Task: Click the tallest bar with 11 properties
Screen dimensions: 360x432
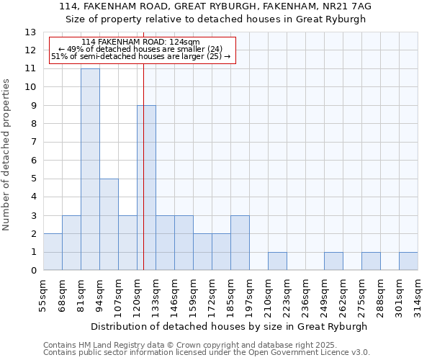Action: coord(90,169)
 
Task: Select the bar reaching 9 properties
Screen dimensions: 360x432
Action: coord(146,187)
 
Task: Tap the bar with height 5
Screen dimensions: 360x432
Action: coord(109,224)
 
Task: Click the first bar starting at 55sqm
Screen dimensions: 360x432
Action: coord(53,252)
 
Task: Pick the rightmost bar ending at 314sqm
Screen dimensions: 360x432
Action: coord(408,261)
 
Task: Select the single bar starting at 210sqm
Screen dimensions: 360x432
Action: coord(277,261)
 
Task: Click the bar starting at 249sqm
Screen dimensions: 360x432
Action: coord(333,261)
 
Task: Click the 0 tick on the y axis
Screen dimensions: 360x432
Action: coord(33,271)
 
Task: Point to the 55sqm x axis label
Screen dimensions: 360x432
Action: coord(43,295)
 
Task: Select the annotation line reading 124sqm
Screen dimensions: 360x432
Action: coord(140,42)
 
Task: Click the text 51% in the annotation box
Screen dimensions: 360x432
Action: coord(58,56)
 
